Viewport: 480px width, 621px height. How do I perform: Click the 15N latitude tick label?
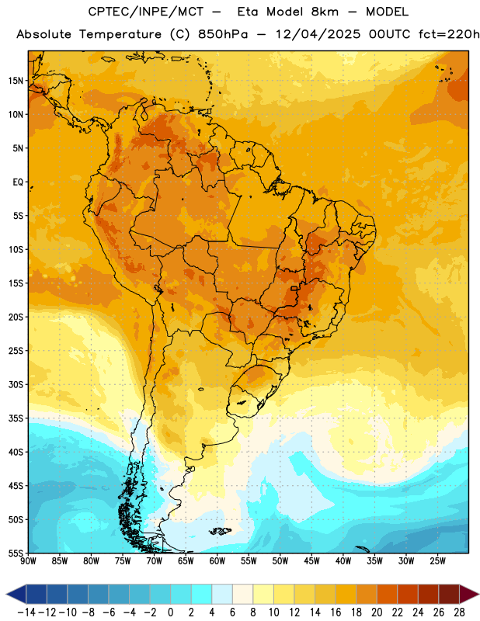[16, 81]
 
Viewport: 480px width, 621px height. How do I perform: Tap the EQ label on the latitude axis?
[18, 182]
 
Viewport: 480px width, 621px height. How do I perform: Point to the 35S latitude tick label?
[16, 418]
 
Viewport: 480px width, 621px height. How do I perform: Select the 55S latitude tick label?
[16, 553]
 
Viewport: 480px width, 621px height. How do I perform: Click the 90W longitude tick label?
[28, 560]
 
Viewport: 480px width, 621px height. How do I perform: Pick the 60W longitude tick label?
[217, 560]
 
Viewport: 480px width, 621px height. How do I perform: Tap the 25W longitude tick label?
[437, 560]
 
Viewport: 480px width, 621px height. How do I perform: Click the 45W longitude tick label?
[311, 560]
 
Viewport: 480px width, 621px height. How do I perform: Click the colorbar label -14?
[26, 612]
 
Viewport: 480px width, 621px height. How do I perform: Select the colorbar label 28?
[459, 612]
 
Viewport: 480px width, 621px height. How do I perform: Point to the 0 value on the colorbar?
[170, 612]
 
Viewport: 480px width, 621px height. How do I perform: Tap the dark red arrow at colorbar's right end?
[470, 594]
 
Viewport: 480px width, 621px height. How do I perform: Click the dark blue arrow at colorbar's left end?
[16, 594]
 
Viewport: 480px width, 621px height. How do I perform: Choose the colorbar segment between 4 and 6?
[222, 594]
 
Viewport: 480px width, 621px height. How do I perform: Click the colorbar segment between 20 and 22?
[387, 594]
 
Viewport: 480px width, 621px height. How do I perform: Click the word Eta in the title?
[247, 12]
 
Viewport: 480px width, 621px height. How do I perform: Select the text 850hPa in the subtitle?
[223, 34]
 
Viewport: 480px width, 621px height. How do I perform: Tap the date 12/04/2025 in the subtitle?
[318, 34]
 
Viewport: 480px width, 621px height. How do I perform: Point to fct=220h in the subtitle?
[449, 34]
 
